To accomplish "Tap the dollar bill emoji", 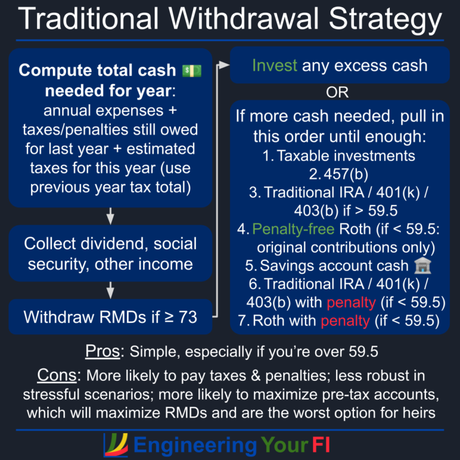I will (x=192, y=70).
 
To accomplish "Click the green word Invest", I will (x=274, y=65).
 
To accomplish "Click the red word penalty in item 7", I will (x=345, y=320).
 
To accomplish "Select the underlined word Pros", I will (x=104, y=351).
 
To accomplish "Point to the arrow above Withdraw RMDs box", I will (x=111, y=290).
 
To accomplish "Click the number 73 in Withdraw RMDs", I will (x=187, y=317).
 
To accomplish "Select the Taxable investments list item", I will (x=339, y=156).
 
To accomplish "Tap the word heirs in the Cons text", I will (x=417, y=413).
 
